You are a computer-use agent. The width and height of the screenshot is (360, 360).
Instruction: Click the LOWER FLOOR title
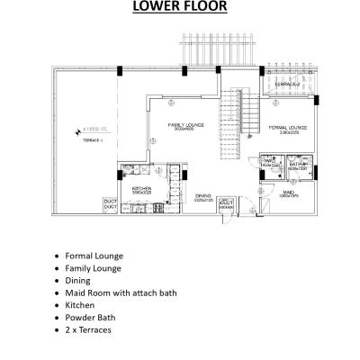[x=179, y=8]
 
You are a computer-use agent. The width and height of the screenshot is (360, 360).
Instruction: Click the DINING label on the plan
[x=203, y=194]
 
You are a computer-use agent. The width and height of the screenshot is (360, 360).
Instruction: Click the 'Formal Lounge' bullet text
[x=94, y=256]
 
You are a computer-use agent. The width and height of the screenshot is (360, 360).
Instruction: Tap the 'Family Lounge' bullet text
[x=93, y=268]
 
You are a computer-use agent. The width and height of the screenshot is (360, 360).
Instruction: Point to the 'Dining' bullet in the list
[x=78, y=281]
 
